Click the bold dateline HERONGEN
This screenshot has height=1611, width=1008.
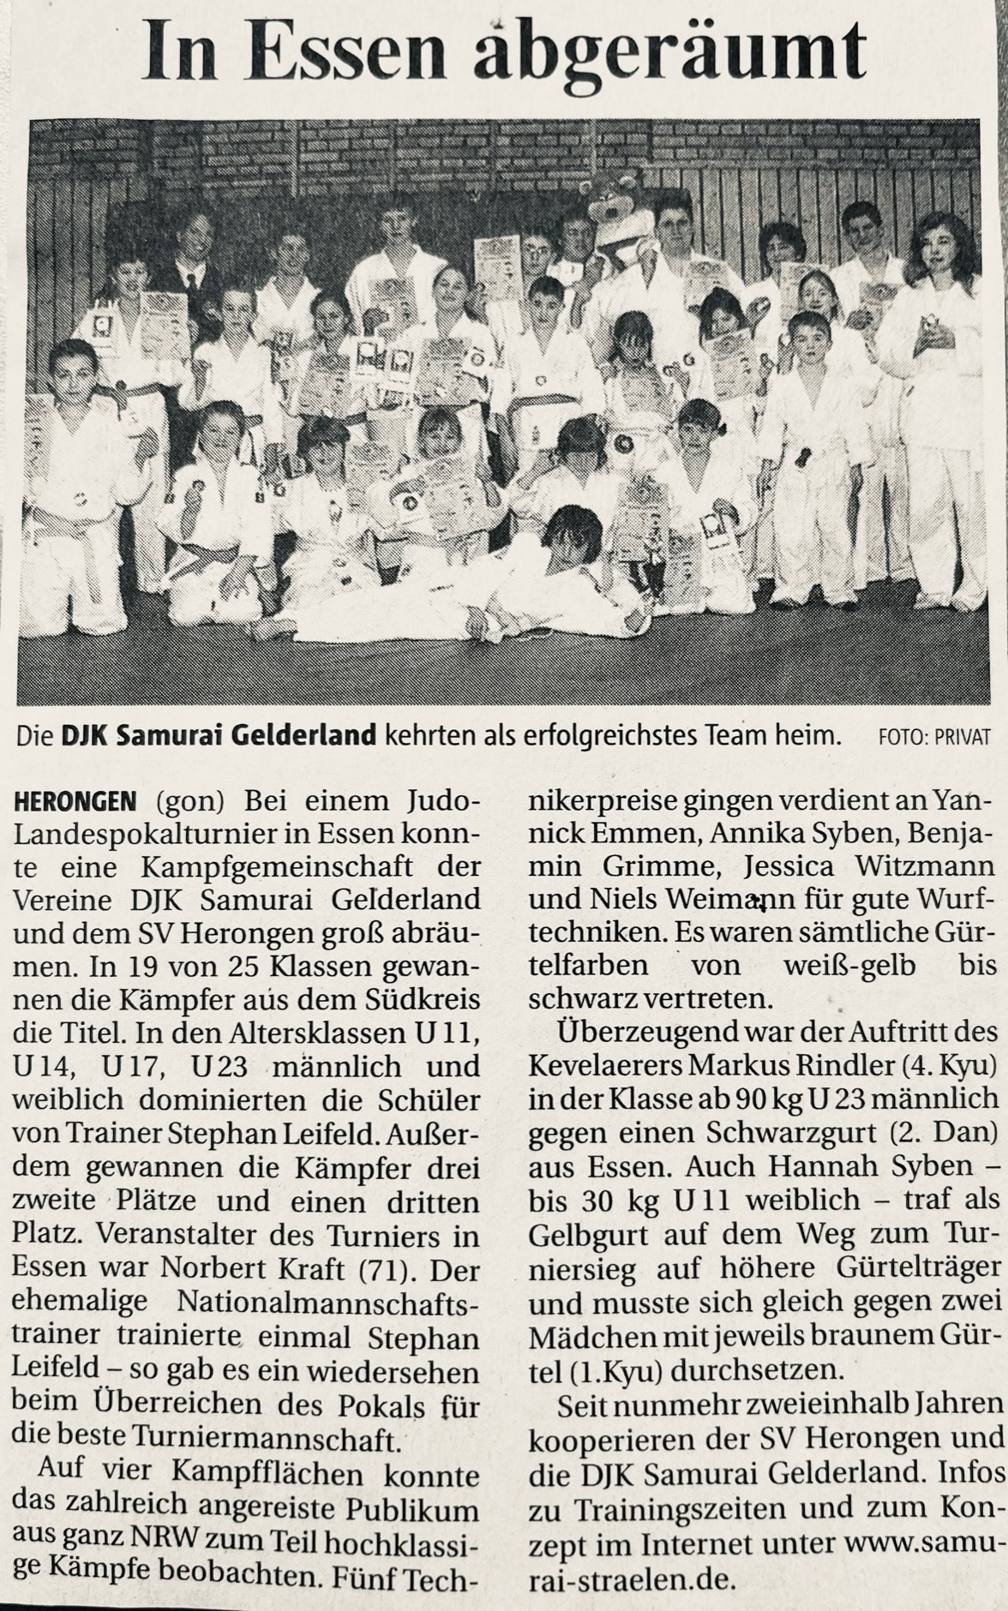coord(75,801)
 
